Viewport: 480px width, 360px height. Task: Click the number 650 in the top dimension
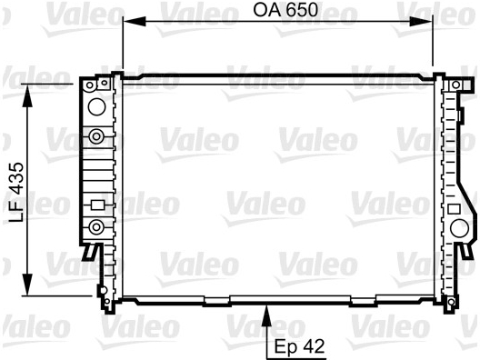click(303, 9)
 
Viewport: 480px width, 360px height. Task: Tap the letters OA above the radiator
click(267, 9)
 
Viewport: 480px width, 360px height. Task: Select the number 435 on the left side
click(16, 178)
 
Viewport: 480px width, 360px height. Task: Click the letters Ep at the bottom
click(282, 346)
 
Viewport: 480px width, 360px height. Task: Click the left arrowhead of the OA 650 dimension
click(134, 22)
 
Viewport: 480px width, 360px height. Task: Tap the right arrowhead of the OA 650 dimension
click(421, 22)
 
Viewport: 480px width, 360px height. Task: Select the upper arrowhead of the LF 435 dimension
click(27, 95)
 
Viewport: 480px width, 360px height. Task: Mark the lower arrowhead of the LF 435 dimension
click(27, 285)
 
